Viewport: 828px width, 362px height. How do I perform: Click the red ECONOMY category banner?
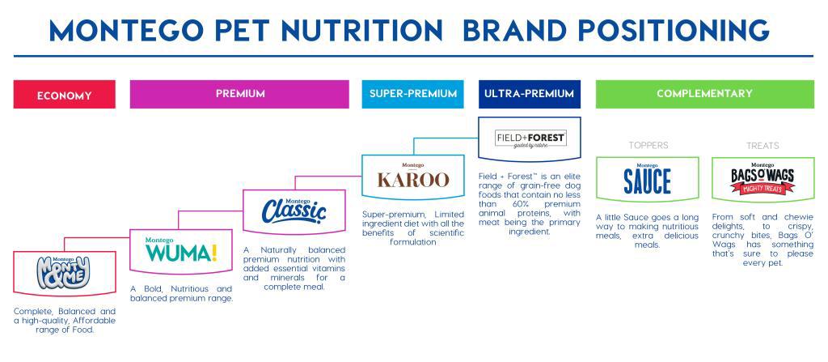click(x=65, y=94)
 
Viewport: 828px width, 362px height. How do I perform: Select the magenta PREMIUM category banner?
click(x=239, y=94)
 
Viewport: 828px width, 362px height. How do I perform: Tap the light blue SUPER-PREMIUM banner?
click(x=413, y=94)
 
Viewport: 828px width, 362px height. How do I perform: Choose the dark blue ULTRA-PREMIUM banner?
click(x=530, y=94)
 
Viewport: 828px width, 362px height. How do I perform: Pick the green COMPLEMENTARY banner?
click(x=705, y=94)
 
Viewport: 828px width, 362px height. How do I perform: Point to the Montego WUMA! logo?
click(x=181, y=249)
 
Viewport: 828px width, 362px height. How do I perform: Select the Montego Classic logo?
click(x=294, y=211)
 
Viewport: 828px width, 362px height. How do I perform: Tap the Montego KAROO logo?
click(x=413, y=177)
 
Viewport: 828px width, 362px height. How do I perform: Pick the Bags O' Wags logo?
click(x=763, y=179)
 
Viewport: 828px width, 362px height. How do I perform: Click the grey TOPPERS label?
click(x=648, y=145)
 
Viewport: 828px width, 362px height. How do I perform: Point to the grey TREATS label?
click(x=763, y=146)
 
